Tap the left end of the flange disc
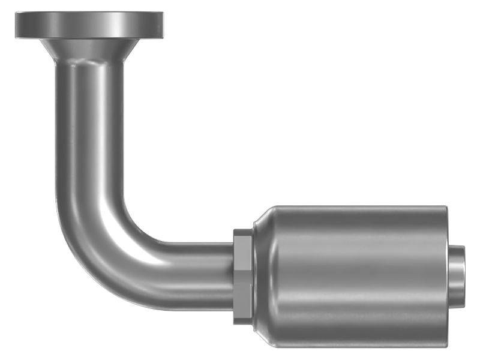18,25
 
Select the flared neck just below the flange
90,50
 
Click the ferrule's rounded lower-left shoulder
262,340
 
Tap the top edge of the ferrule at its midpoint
354,207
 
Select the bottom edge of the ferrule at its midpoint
354,347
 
